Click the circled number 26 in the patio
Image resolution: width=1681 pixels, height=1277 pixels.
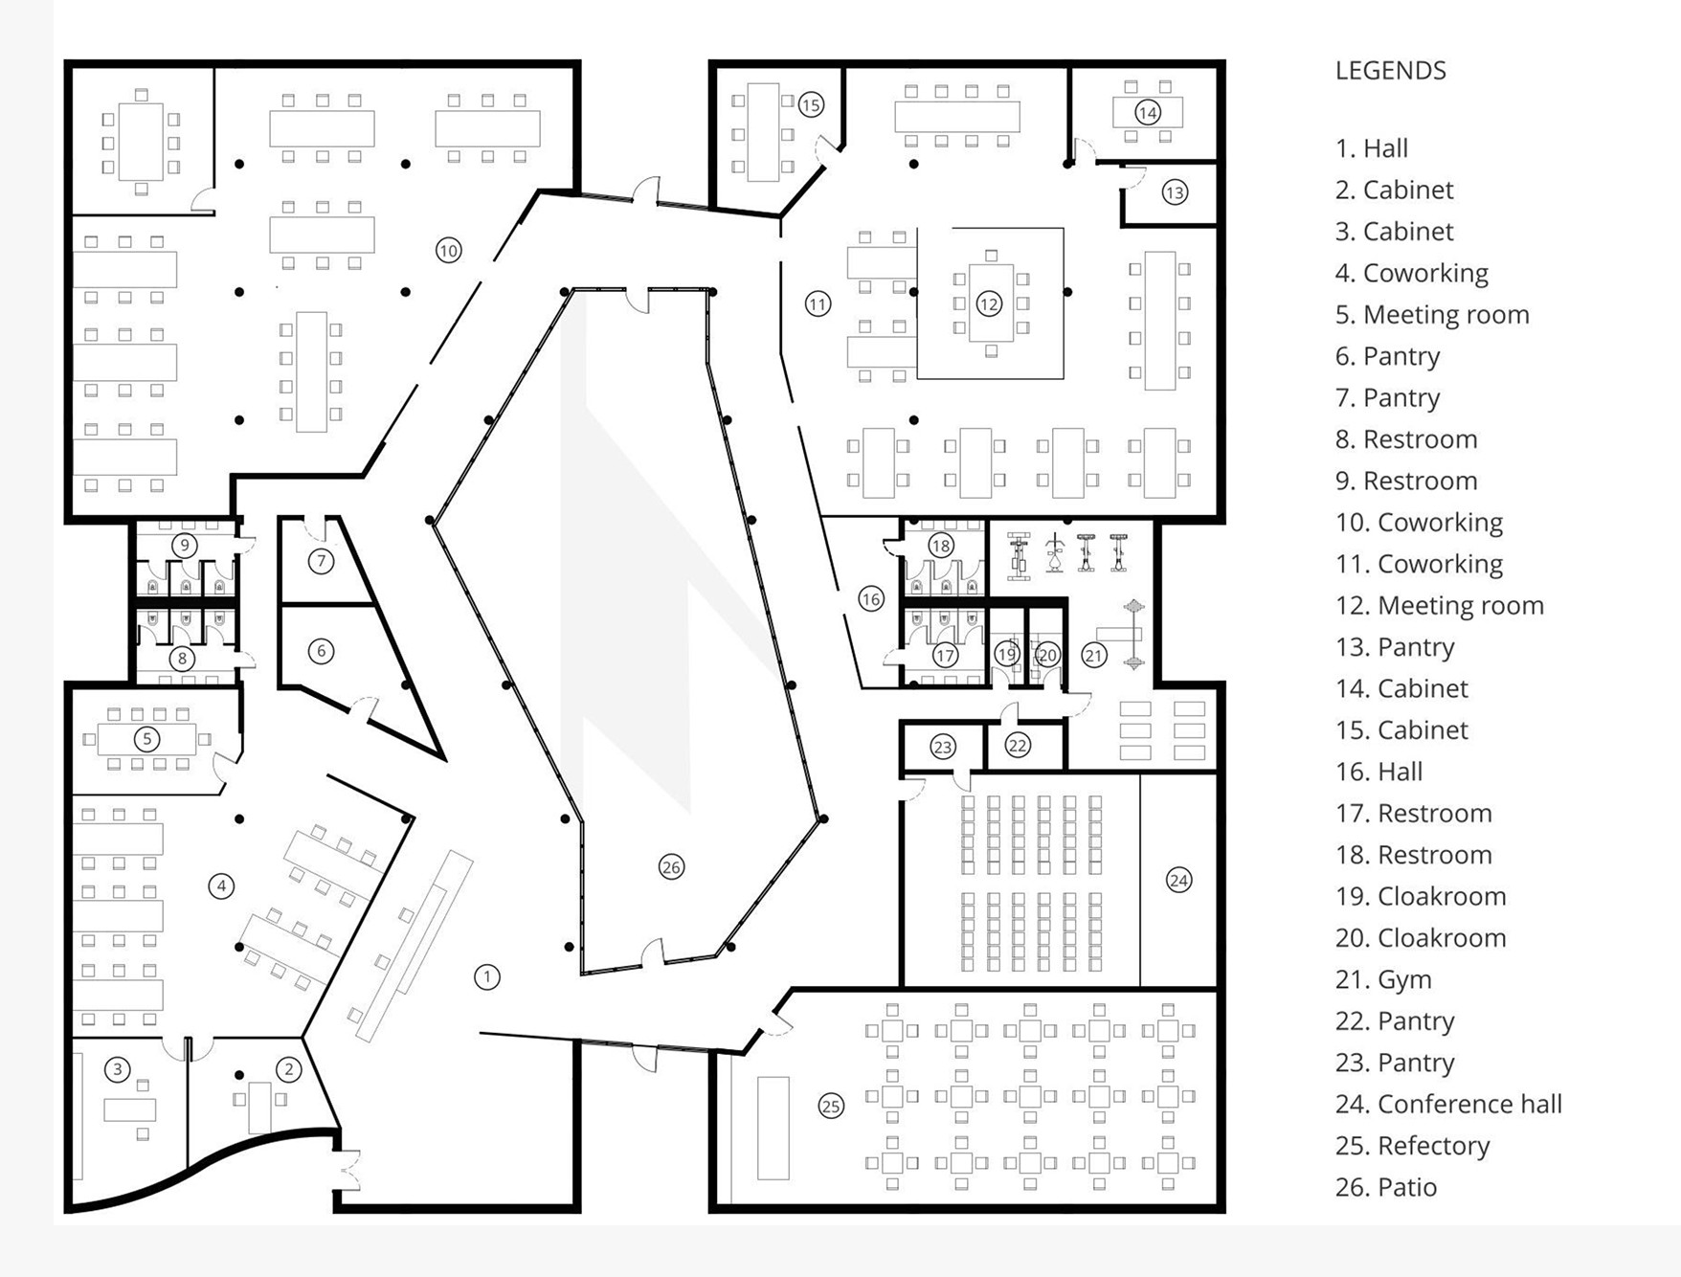[671, 867]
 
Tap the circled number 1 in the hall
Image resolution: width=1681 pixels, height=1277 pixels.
[487, 977]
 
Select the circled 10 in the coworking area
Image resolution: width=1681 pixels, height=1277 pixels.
[448, 251]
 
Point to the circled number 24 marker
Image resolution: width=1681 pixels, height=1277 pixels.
[1178, 880]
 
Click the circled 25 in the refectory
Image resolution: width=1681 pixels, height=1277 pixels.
[831, 1107]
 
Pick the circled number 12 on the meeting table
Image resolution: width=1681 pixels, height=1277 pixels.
[988, 304]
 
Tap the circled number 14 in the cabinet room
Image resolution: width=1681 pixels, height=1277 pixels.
[1147, 113]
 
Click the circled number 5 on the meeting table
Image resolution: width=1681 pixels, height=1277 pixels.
[146, 739]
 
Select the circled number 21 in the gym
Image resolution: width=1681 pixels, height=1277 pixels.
[1093, 655]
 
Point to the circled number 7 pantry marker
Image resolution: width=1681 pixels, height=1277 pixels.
[321, 561]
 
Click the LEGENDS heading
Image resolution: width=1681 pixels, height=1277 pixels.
[1390, 71]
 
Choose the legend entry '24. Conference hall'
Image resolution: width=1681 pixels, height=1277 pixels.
[1448, 1104]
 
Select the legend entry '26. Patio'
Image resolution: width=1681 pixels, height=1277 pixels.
[1386, 1187]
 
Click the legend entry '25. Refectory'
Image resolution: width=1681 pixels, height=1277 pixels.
[1412, 1146]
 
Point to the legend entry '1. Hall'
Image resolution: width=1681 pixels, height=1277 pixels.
[1372, 148]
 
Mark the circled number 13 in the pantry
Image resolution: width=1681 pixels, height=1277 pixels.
[1175, 192]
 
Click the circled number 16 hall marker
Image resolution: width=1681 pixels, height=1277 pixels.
[870, 599]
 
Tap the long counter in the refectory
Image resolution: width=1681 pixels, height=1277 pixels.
[773, 1128]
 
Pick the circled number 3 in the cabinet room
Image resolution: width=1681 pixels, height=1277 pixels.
[117, 1069]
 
